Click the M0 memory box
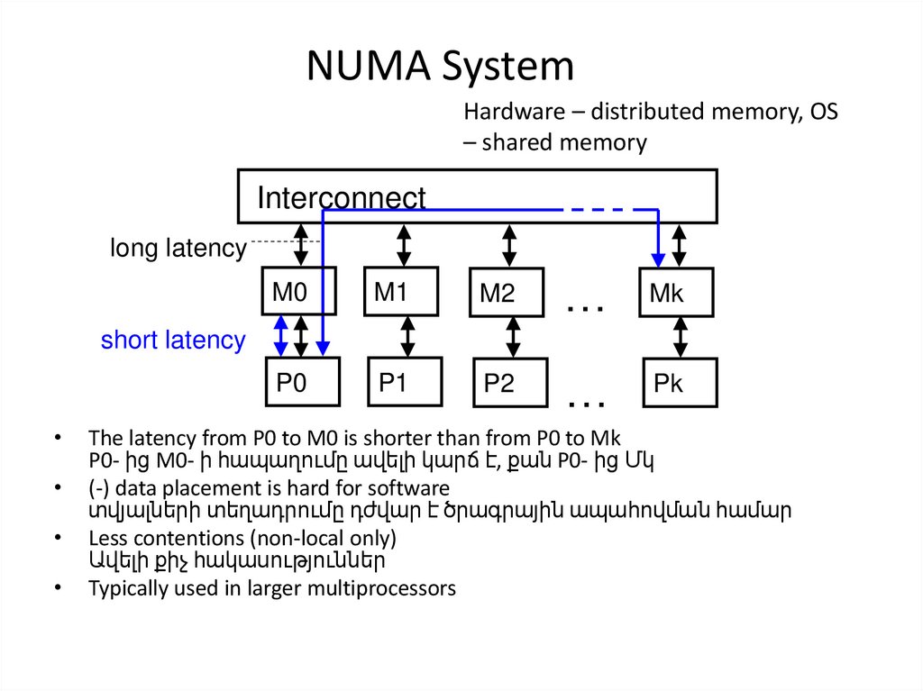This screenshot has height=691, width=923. tap(298, 291)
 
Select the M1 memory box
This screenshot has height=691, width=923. tap(401, 291)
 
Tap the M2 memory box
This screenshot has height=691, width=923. tap(507, 293)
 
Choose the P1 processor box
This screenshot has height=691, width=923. tap(405, 383)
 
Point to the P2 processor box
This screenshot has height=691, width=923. tap(510, 384)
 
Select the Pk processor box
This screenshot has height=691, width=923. tap(680, 383)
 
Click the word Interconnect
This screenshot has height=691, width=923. tap(342, 198)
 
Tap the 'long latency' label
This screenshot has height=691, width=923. tap(178, 248)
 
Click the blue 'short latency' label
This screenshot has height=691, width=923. tap(173, 341)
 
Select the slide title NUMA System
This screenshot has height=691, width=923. tap(440, 68)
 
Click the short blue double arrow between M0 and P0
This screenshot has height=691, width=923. tap(281, 335)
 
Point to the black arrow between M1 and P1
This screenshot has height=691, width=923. tap(407, 336)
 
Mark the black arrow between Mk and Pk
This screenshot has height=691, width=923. tap(681, 337)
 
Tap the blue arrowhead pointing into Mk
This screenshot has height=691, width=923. tap(659, 259)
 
